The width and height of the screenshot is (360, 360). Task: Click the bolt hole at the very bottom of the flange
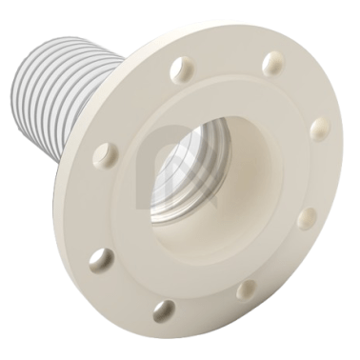tap(165, 310)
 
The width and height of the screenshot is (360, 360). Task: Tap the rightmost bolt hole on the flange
tap(319, 129)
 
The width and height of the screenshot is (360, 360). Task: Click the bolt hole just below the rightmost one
tap(307, 218)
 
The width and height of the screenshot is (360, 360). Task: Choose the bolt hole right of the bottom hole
tap(247, 289)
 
